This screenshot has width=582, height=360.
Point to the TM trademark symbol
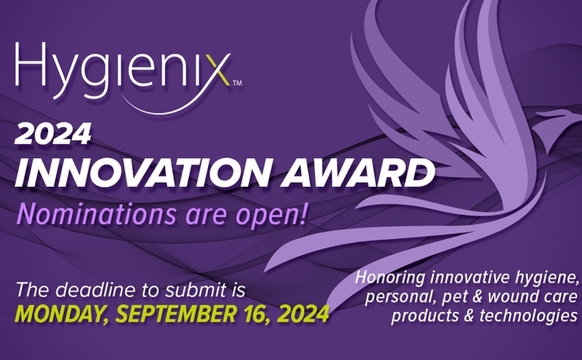[x=237, y=83]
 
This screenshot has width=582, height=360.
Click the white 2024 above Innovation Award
[x=53, y=134]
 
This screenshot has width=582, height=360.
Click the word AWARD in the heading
[x=358, y=172]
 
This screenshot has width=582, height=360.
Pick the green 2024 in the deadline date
[x=301, y=314]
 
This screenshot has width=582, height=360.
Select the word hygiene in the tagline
[x=547, y=279]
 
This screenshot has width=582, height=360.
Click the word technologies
[x=528, y=317]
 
